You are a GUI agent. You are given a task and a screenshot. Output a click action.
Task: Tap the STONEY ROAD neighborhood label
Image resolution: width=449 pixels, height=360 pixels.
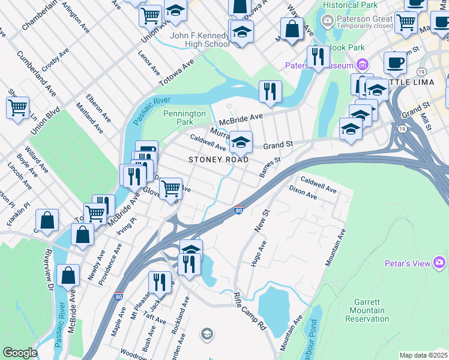(218, 160)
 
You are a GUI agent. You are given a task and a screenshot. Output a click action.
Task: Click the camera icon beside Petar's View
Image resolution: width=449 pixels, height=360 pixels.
(440, 263)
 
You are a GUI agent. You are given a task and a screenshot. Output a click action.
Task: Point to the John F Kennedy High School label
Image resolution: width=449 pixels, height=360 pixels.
(200, 40)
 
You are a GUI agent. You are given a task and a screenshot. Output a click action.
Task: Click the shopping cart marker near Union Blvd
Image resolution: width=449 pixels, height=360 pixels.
(18, 107)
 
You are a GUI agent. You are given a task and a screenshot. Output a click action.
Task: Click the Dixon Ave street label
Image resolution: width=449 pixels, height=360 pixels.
(303, 195)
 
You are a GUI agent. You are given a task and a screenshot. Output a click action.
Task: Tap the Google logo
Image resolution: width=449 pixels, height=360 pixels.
(20, 353)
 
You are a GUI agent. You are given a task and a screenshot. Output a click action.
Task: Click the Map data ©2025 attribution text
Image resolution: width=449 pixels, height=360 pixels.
(423, 355)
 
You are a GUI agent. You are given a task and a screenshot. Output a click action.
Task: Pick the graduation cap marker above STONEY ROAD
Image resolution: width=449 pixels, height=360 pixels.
(241, 142)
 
